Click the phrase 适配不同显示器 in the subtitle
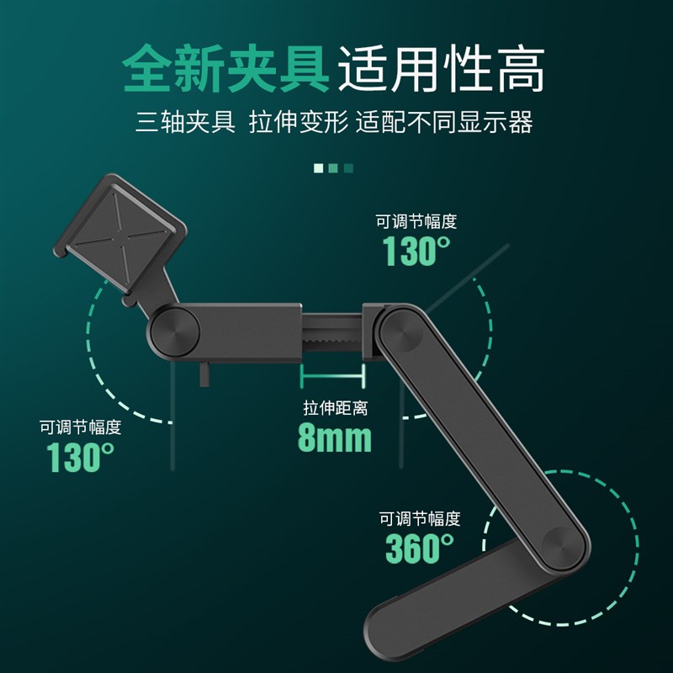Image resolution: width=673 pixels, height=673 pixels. pos(444,123)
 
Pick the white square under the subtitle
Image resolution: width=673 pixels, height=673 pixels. pos(319,168)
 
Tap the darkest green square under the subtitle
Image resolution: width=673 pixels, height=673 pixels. pos(349,168)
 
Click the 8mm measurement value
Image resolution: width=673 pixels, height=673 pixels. pos(334,437)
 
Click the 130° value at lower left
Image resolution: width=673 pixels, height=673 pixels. pos(80,457)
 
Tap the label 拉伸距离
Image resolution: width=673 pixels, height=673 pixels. pos(335,409)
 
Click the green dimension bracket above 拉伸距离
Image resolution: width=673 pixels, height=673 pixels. pos(334,376)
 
